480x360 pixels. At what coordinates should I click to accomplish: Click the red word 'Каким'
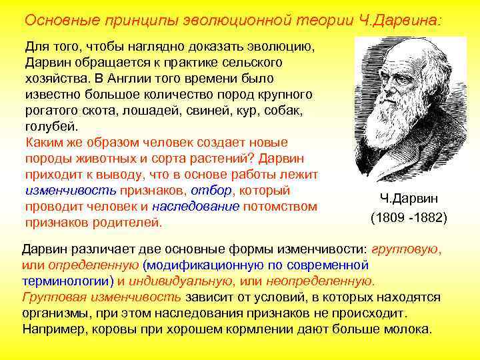tap(41, 142)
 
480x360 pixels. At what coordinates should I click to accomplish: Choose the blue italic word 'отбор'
tap(211, 190)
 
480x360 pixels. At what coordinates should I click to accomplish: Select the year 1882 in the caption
tap(430, 218)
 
